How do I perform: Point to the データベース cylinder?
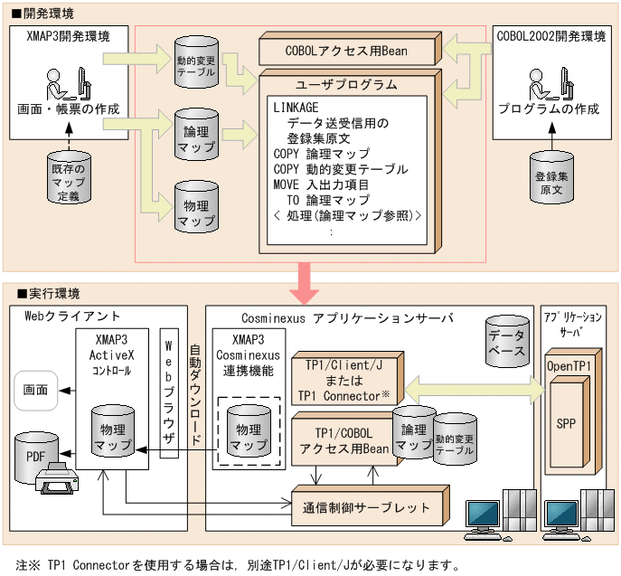click(x=506, y=342)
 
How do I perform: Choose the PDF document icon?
click(x=37, y=454)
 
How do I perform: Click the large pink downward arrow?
click(x=310, y=284)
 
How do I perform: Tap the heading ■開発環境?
click(x=42, y=14)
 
